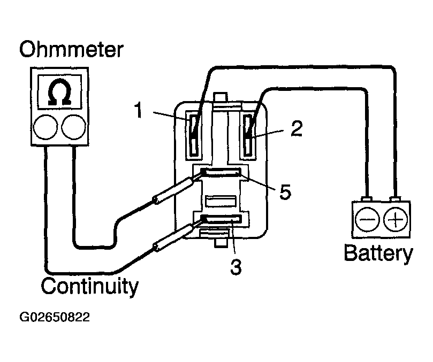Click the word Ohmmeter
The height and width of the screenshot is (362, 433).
[x=71, y=50]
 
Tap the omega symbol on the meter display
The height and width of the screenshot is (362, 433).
[x=59, y=92]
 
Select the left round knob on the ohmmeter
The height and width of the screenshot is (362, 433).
[x=45, y=127]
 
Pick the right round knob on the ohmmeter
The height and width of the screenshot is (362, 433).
[x=73, y=127]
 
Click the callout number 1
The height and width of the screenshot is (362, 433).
[x=139, y=110]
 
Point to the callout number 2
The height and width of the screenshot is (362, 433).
[x=297, y=128]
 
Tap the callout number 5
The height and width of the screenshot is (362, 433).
[x=285, y=191]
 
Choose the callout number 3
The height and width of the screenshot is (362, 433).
[x=236, y=266]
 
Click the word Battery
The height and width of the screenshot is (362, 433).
[x=378, y=253]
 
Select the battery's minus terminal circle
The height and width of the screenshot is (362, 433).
[x=367, y=219]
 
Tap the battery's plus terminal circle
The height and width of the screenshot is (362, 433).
[x=396, y=219]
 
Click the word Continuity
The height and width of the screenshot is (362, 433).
[x=89, y=287]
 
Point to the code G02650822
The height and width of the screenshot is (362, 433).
[x=55, y=317]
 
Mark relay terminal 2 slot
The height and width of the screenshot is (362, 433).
[x=248, y=135]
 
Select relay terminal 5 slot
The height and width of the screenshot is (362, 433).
[x=221, y=172]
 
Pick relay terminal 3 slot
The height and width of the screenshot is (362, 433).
[x=221, y=219]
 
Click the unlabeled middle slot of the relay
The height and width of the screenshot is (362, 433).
[x=221, y=201]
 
